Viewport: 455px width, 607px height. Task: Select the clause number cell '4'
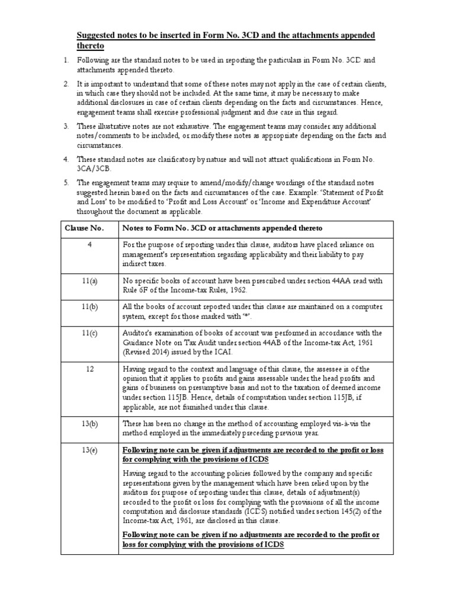pos(89,245)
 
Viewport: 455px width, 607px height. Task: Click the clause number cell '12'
pos(89,369)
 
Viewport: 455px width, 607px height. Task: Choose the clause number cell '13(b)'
pos(89,423)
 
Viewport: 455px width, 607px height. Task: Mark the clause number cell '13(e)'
pos(89,451)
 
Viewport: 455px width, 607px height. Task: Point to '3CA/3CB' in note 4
pos(93,168)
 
